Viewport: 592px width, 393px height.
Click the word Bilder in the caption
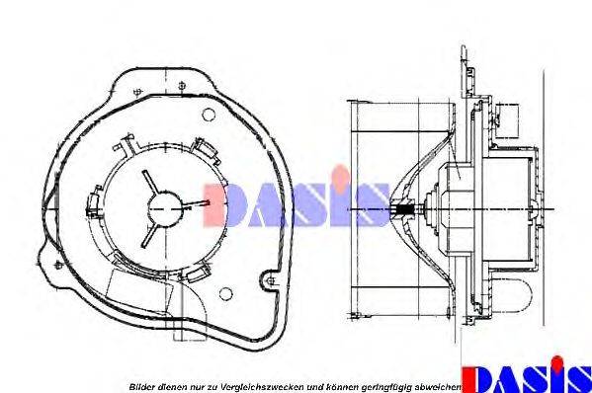[138, 385]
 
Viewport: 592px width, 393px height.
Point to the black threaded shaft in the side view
[404, 208]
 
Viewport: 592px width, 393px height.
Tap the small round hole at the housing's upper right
[203, 116]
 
